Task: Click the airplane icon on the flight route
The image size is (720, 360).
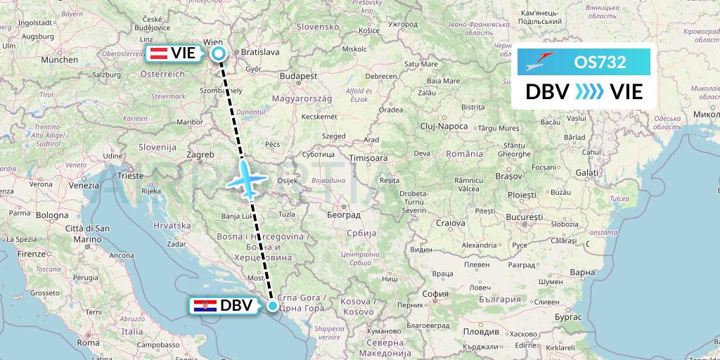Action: (245, 178)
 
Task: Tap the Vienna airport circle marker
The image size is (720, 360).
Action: (219, 53)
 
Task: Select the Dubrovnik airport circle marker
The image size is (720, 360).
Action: (273, 305)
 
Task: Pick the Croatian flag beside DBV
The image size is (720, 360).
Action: (205, 306)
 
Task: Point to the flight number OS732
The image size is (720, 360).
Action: (599, 62)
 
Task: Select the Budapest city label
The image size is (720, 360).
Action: (299, 75)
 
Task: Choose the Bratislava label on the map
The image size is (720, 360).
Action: (260, 52)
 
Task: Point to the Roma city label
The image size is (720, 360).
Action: (89, 344)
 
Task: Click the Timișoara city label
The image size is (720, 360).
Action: (368, 159)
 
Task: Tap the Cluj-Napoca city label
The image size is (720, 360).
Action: (445, 126)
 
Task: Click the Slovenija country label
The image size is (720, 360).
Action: (157, 147)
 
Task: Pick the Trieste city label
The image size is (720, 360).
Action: (131, 175)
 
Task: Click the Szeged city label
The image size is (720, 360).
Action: (333, 135)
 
